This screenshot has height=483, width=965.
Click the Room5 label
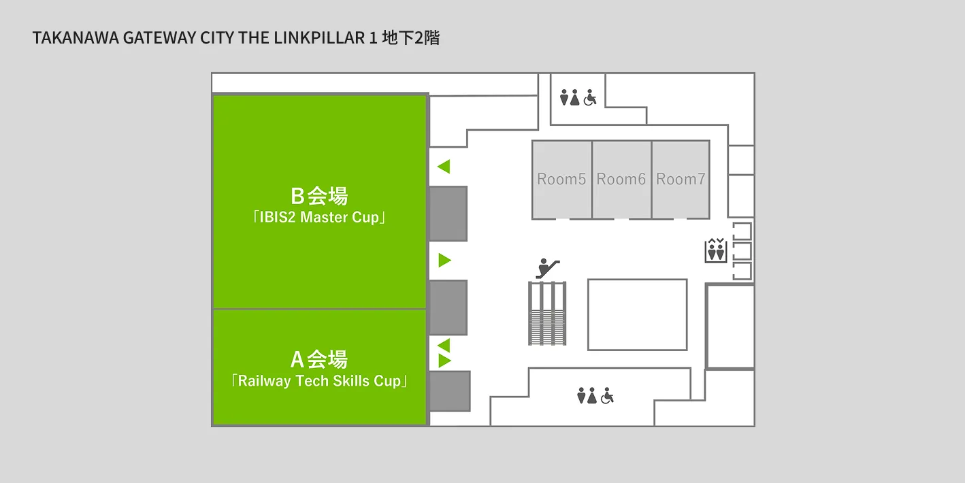coord(561,179)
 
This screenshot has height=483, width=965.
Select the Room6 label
coord(621,179)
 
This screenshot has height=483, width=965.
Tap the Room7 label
coord(681,179)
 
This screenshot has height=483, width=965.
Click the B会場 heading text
coord(319,196)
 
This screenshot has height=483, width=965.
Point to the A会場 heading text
coord(319,359)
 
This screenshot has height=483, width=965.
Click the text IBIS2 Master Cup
coord(319,217)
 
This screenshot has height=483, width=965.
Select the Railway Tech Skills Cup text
coord(319,381)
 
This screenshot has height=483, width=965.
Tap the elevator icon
coord(716,250)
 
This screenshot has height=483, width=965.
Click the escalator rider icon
coord(548,268)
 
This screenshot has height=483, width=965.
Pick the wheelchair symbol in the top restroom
coord(590,98)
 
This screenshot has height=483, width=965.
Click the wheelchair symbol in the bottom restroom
coord(608,396)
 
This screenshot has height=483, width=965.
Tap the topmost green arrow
coord(444,167)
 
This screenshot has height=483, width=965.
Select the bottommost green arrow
coord(444,361)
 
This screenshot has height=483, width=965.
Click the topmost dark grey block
coord(448,214)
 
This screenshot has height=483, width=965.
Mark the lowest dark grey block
coord(450,391)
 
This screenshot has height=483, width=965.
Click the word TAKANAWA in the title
coord(76,38)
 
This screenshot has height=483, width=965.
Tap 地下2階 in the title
coord(410,38)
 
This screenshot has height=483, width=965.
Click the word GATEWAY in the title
coord(159,38)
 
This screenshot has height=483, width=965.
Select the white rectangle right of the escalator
coord(638,315)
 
